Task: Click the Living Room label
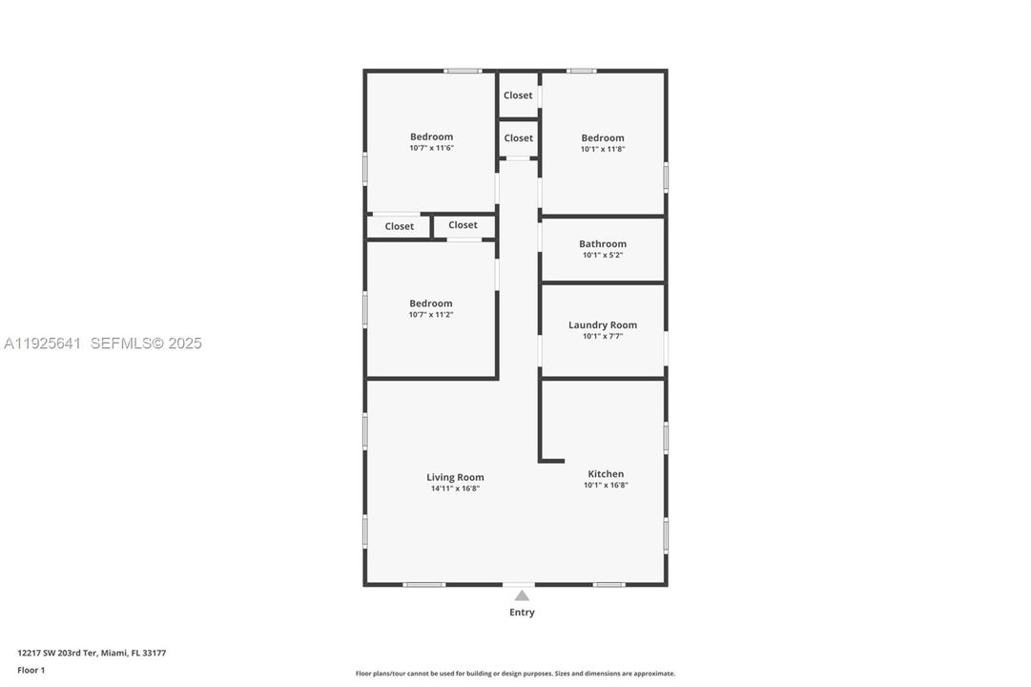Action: pos(455,477)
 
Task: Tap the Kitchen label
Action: pos(606,473)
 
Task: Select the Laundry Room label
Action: pos(603,324)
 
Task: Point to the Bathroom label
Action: pos(603,243)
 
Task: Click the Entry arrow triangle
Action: pos(522,595)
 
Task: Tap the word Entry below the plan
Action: pos(522,613)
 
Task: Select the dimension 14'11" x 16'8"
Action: pos(455,489)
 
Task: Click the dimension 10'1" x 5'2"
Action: pos(603,255)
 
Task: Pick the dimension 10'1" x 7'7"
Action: pos(603,336)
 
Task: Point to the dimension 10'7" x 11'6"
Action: pos(431,148)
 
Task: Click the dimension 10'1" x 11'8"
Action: pos(603,149)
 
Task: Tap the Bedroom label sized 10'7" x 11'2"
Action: pos(431,303)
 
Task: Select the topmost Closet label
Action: pos(518,95)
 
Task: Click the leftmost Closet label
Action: pos(400,226)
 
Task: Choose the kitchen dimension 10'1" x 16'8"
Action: pos(606,485)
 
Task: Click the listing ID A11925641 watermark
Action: pos(43,343)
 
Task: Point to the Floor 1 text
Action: pos(31,670)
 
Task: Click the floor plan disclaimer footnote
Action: pos(515,674)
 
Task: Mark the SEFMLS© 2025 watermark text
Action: pos(146,343)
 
